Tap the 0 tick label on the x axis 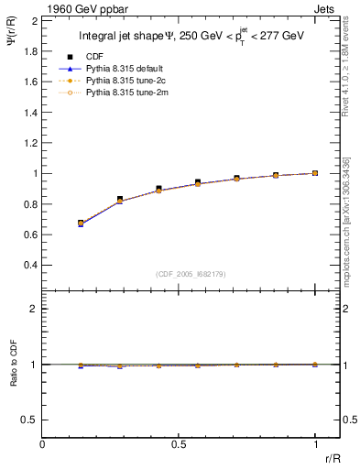coord(43,445)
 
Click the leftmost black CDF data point coord(81,223)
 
